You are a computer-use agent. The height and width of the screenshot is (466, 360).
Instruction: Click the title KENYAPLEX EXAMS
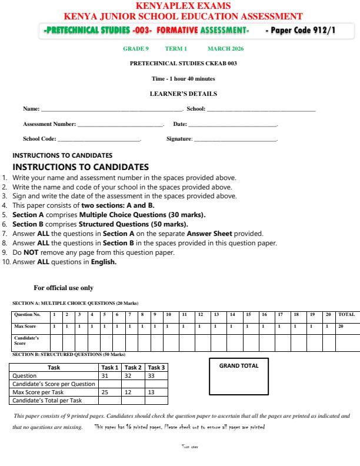[x=180, y=6]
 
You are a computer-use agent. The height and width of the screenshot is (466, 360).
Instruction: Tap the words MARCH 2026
[x=224, y=49]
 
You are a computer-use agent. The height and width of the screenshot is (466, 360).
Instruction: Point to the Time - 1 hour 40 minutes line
[x=180, y=78]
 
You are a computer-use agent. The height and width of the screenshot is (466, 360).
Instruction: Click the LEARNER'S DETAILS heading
[x=180, y=94]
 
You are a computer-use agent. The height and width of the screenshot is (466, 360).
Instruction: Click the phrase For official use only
[x=64, y=288]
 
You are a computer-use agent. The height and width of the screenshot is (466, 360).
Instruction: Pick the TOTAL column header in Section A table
[x=346, y=314]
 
